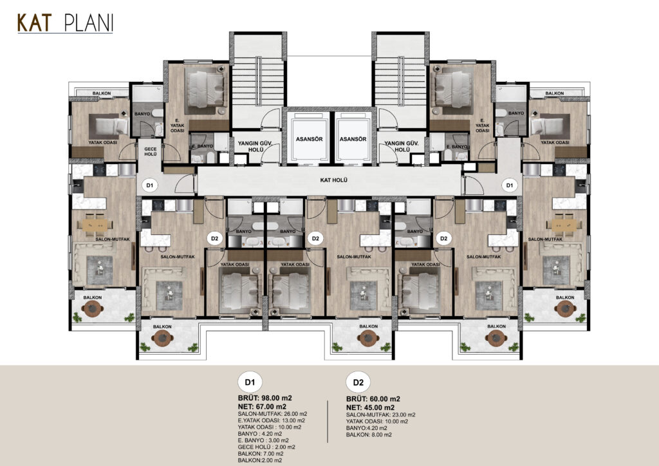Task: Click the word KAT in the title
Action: tap(35, 23)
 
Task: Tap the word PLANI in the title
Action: tap(89, 23)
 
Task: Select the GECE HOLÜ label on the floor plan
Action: tap(151, 152)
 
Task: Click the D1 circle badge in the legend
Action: tap(250, 382)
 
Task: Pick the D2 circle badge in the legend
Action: tap(358, 382)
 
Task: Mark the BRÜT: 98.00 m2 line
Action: tap(265, 398)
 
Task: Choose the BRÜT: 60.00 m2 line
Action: tap(373, 399)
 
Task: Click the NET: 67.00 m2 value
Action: tap(262, 406)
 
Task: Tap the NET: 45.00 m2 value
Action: tap(370, 407)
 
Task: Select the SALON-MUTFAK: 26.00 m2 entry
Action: tap(272, 413)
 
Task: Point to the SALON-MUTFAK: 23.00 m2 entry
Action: tap(381, 415)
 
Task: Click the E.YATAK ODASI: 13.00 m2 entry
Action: tap(272, 420)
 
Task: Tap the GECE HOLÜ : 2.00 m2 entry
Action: tap(266, 447)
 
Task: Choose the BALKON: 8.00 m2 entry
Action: tap(369, 435)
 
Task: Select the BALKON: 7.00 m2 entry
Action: tap(261, 454)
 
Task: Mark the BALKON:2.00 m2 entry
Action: tap(260, 461)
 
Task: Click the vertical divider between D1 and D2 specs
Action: tap(328, 422)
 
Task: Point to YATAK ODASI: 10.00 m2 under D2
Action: tap(377, 422)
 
